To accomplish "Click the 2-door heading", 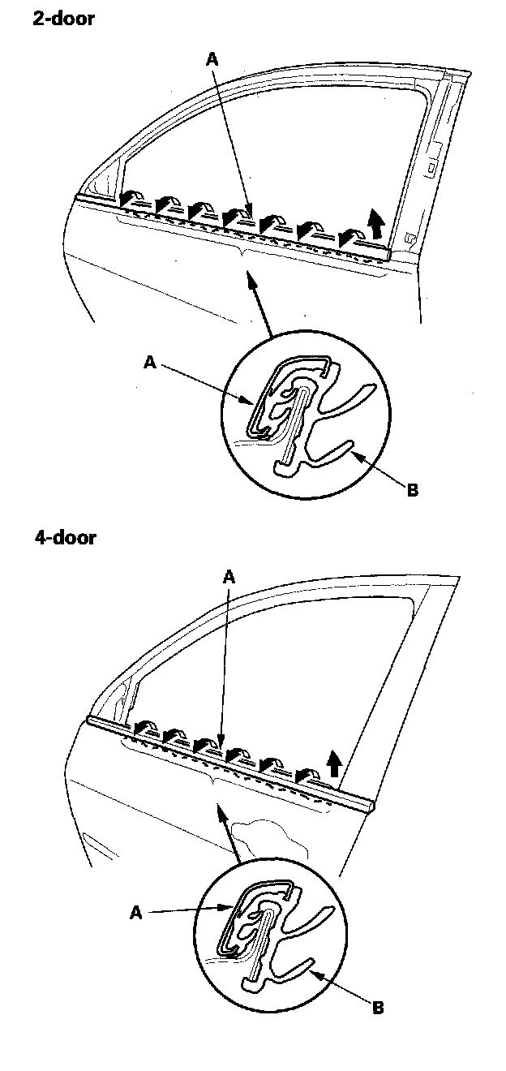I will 63,19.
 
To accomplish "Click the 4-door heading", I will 65,537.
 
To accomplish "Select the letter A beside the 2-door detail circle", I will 149,363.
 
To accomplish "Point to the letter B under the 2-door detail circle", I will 412,491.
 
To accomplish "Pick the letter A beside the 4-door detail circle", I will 136,913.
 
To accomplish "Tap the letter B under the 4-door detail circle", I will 378,1009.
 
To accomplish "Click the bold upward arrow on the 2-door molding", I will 375,221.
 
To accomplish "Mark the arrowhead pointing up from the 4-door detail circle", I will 218,808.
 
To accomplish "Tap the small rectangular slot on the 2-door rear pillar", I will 432,169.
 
